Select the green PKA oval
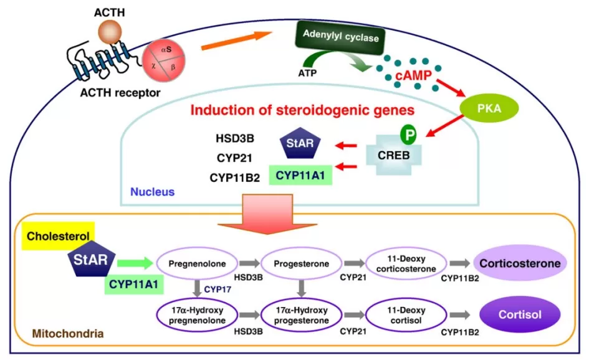489,108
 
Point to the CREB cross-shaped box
393,153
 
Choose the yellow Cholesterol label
57,237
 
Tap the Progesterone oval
303,264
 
